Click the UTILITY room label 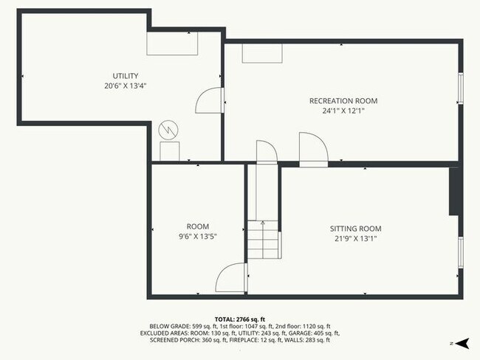pyautogui.click(x=125, y=76)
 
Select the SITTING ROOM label pyautogui.click(x=355, y=229)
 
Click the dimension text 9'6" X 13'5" pyautogui.click(x=197, y=237)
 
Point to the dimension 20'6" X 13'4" pyautogui.click(x=125, y=86)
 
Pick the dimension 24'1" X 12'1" pyautogui.click(x=343, y=111)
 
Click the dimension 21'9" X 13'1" pyautogui.click(x=355, y=238)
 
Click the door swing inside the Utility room pyautogui.click(x=208, y=100)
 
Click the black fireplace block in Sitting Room pyautogui.click(x=454, y=192)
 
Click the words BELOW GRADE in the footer pyautogui.click(x=170, y=326)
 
